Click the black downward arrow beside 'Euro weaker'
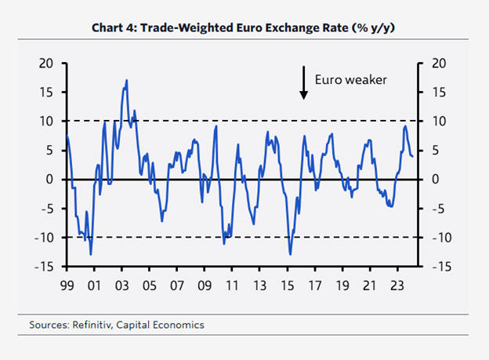click(x=303, y=83)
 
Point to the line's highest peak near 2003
click(x=126, y=80)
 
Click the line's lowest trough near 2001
click(x=91, y=254)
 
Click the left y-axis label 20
click(x=46, y=64)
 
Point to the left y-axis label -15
click(x=44, y=267)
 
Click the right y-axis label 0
click(x=432, y=180)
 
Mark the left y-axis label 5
click(x=49, y=151)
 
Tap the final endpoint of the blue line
click(x=413, y=156)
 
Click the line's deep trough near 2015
click(x=290, y=254)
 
